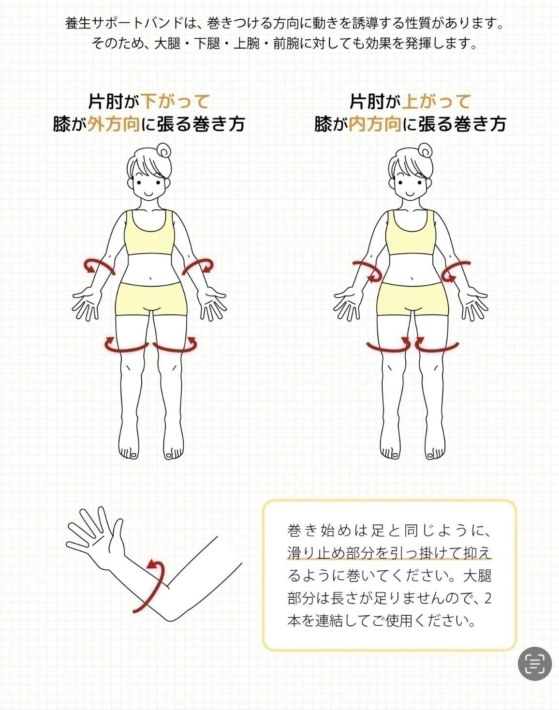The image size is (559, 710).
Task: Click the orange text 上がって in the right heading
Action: pyautogui.click(x=436, y=101)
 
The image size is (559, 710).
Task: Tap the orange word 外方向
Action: pyautogui.click(x=114, y=124)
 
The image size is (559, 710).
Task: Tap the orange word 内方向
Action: pyautogui.click(x=376, y=124)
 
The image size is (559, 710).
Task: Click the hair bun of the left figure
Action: pyautogui.click(x=164, y=151)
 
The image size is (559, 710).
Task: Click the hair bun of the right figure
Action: pyautogui.click(x=426, y=151)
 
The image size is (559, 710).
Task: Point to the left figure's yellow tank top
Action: pyautogui.click(x=150, y=237)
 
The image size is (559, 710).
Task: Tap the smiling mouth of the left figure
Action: pyautogui.click(x=148, y=192)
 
